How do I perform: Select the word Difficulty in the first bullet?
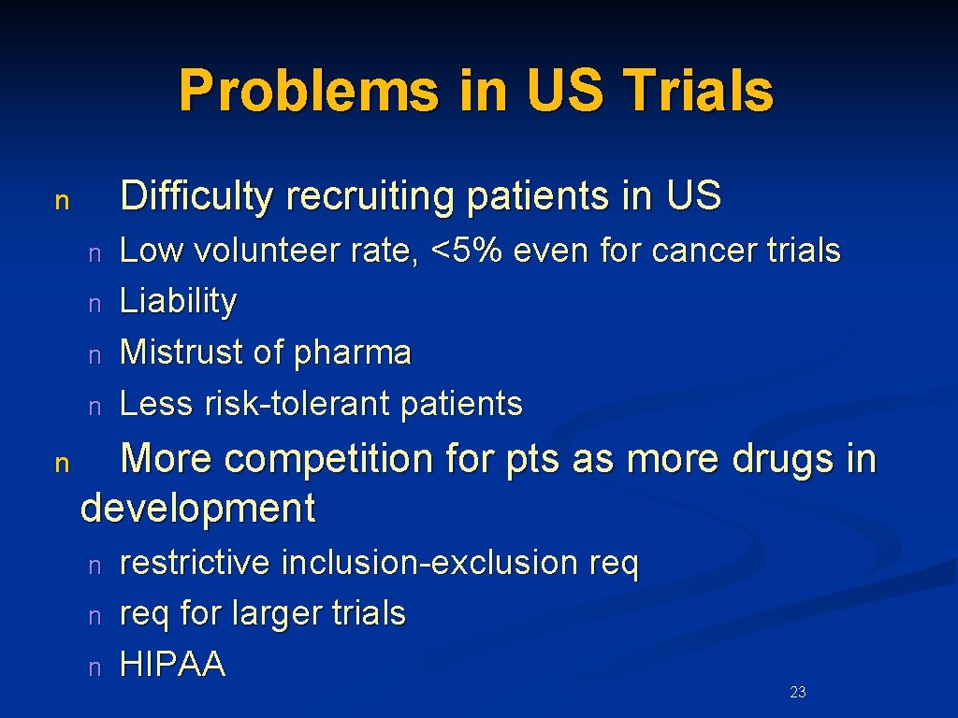(x=197, y=196)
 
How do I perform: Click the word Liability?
(x=179, y=301)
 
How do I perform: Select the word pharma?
(x=353, y=352)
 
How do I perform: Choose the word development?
(x=198, y=510)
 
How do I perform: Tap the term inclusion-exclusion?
(x=429, y=563)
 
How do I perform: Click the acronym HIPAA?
(x=173, y=664)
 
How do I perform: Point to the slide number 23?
(x=798, y=692)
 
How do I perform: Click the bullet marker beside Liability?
(x=94, y=303)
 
